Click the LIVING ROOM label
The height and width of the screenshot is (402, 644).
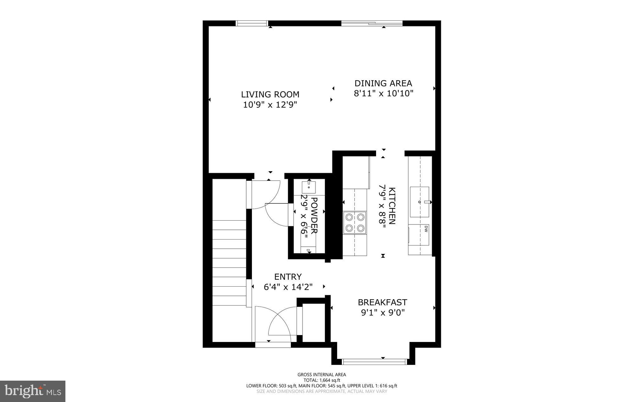pos(270,94)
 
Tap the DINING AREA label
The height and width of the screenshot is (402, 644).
pos(383,83)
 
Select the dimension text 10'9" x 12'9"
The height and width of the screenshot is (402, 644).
pos(270,105)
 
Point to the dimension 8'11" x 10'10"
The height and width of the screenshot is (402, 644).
pos(383,94)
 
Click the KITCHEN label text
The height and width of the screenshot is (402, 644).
pos(392,206)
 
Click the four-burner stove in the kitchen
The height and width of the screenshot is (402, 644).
pos(355,222)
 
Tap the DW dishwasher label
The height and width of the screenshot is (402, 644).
pos(426,229)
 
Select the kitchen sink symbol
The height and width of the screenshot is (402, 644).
pos(419,202)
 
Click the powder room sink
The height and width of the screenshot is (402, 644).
pos(309,187)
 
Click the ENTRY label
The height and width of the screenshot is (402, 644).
pos(288,277)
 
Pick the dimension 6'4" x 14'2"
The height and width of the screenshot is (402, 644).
pos(288,287)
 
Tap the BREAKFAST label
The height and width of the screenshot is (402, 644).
pos(382,302)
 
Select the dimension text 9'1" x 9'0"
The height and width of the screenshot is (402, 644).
pos(382,313)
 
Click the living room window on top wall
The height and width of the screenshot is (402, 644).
pos(252,23)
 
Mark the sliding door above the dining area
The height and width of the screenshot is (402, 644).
pos(372,23)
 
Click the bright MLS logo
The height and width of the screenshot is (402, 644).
pos(33,391)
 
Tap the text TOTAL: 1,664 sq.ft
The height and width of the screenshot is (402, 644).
pos(322,380)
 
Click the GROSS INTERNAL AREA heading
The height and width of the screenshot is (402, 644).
pos(322,374)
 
